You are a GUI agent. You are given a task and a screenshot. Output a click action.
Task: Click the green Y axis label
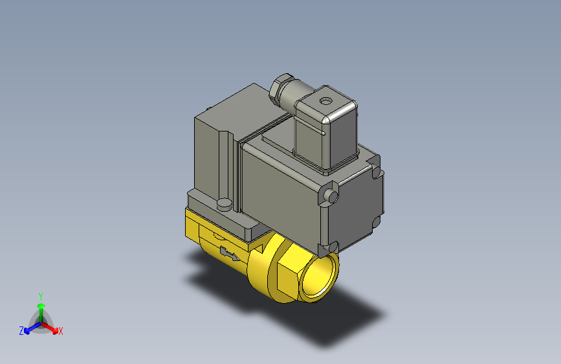(40, 295)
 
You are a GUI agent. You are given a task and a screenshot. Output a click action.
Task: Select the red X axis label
(61, 332)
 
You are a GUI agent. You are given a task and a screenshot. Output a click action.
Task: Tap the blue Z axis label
(21, 330)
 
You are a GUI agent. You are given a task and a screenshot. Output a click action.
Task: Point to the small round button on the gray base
(225, 204)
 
